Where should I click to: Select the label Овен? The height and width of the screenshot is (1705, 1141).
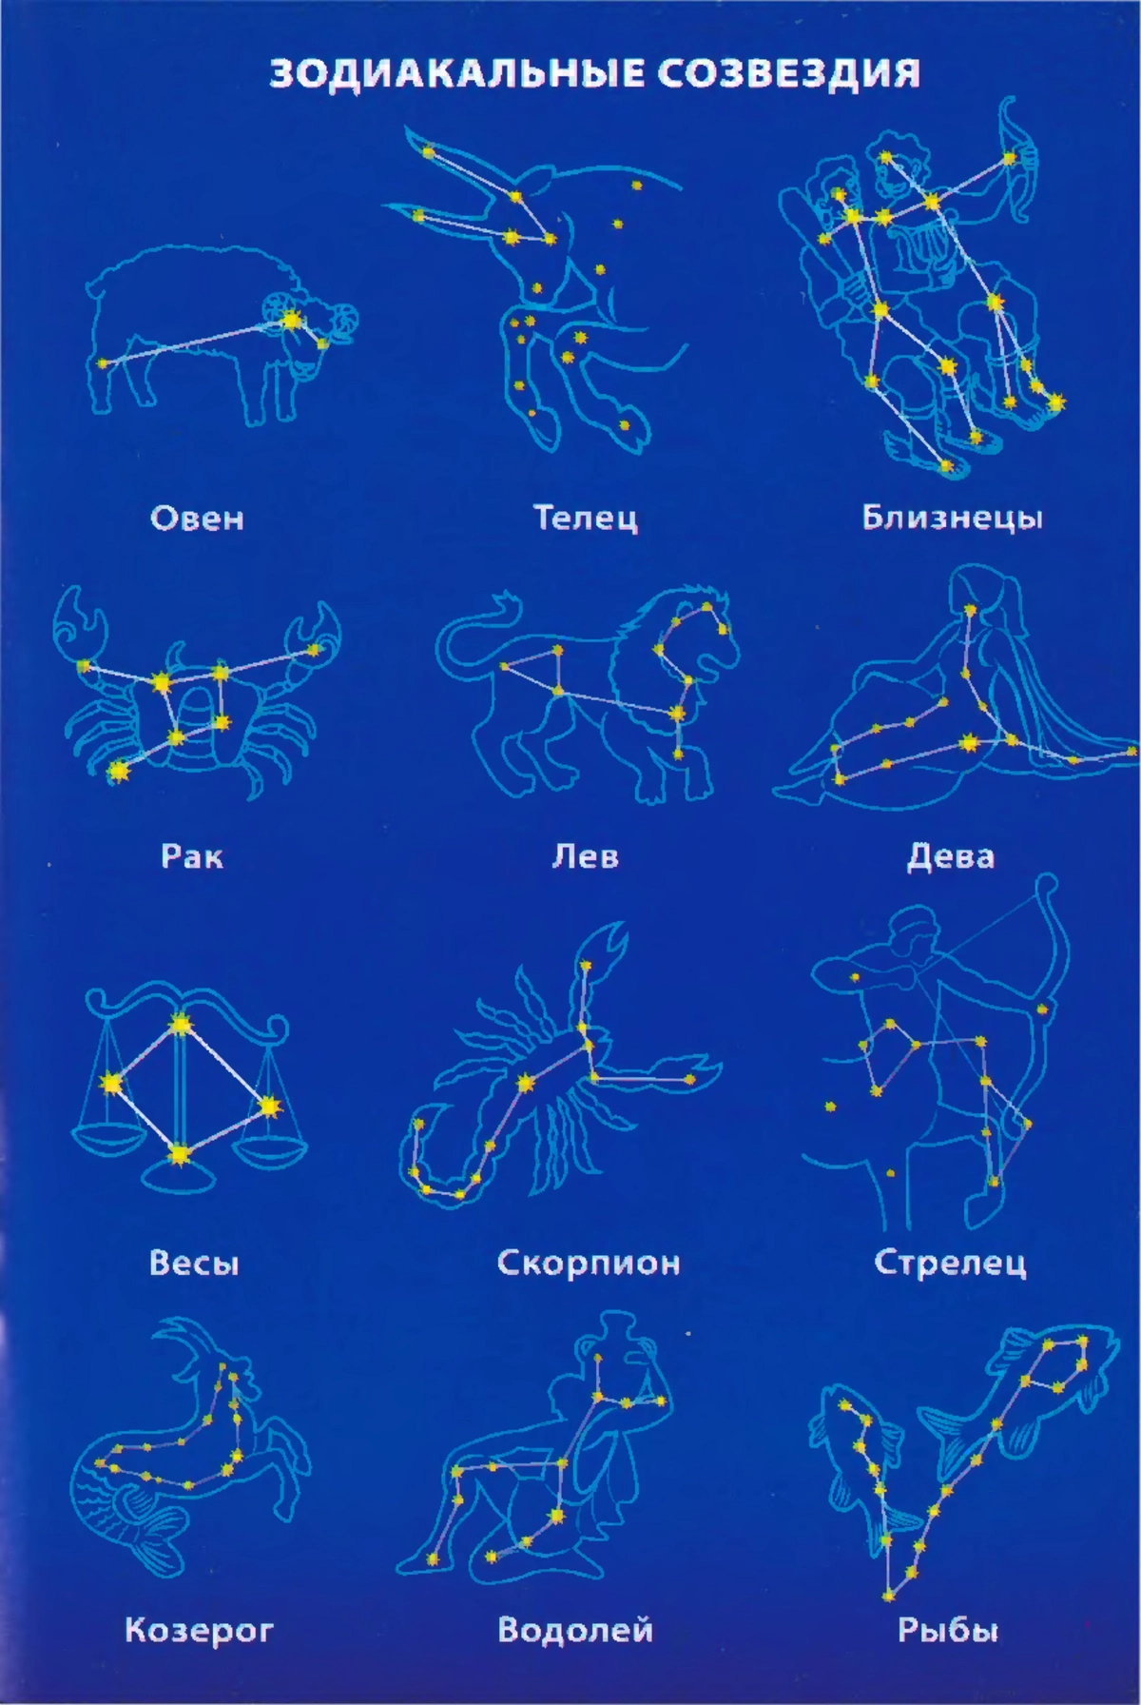coord(198,519)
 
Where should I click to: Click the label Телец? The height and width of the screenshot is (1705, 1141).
coord(585,518)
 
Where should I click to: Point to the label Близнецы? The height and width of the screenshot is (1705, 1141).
coord(952,518)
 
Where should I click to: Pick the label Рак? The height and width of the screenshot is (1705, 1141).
coord(192,856)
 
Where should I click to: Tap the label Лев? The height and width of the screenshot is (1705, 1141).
coord(586,856)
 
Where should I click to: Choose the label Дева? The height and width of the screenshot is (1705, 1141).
coord(951,856)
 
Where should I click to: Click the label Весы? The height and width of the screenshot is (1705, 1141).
coord(194,1263)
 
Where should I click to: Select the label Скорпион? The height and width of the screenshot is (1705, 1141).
coord(589,1263)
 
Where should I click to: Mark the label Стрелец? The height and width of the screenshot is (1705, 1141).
coord(950,1263)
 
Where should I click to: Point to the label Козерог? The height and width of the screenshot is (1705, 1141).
coord(199,1631)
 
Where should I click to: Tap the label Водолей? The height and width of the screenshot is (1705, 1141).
coord(575,1630)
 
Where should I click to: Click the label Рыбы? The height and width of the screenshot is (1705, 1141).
coord(948,1631)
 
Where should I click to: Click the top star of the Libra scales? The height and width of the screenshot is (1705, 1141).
coord(180,1025)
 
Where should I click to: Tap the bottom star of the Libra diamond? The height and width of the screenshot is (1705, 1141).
coord(178,1155)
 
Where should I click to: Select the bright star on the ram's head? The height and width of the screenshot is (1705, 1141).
coord(291,321)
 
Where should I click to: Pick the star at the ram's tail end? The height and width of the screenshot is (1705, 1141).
coord(103,363)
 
